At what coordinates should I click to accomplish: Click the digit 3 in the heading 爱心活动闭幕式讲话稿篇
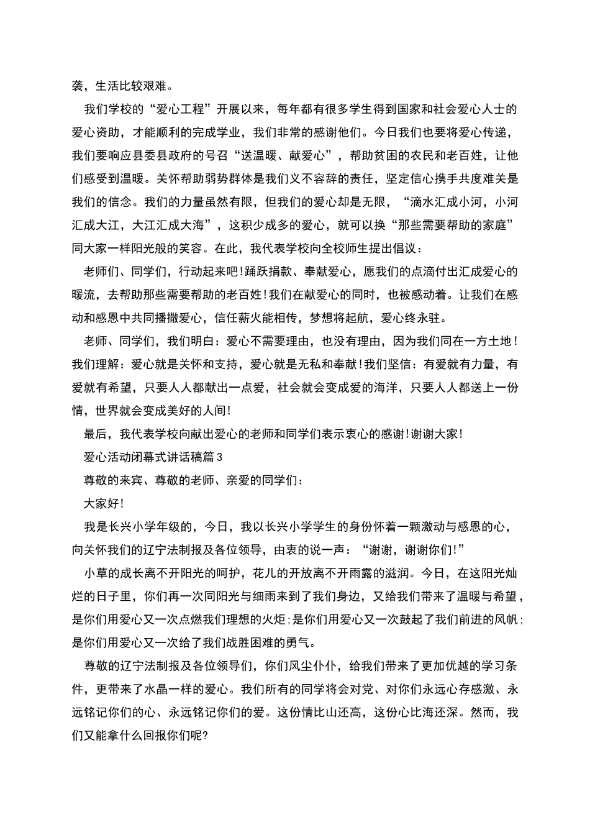point(219,457)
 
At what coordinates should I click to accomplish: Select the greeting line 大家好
point(99,504)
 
